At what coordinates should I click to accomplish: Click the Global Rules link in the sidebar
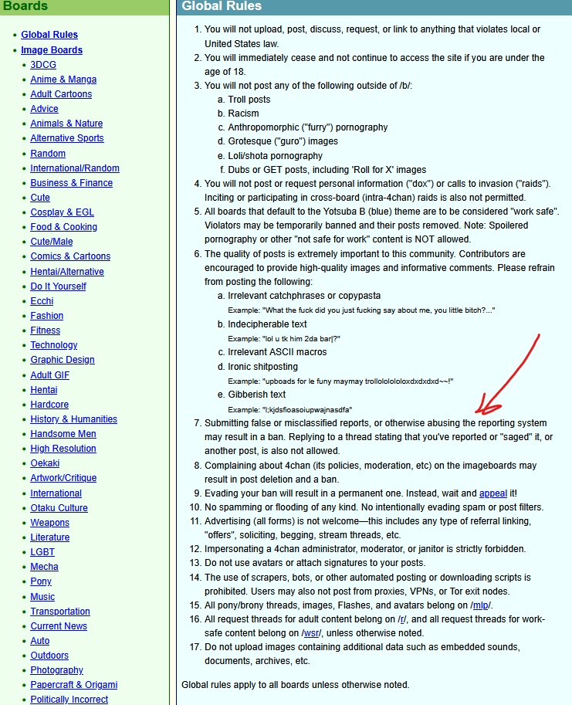[x=49, y=35]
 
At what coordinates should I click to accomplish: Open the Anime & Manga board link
[x=63, y=80]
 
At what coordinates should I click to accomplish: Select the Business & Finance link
[x=71, y=183]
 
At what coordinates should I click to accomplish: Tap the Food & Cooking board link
[x=63, y=227]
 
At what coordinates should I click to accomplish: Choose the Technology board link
[x=54, y=345]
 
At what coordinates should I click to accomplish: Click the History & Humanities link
[x=73, y=419]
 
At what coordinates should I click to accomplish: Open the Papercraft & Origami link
[x=73, y=685]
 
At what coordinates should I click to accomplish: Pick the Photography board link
[x=56, y=670]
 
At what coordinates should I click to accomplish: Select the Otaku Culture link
[x=59, y=508]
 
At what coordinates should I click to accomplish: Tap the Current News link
[x=59, y=626]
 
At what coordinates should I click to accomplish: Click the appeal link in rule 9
[x=492, y=493]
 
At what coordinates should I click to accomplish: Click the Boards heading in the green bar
[x=25, y=7]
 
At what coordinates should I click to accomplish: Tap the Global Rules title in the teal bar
[x=222, y=7]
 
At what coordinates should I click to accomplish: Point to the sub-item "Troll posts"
[x=249, y=100]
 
